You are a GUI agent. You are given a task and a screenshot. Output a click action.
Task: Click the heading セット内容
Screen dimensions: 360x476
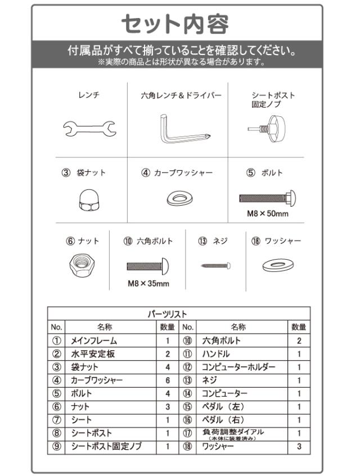pyautogui.click(x=175, y=24)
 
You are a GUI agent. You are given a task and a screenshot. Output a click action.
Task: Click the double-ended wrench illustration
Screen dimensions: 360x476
pyautogui.click(x=89, y=128)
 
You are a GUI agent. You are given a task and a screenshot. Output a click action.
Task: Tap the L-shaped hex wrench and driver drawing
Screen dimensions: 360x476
pyautogui.click(x=184, y=129)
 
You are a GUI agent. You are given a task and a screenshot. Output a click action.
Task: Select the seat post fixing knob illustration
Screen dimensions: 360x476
pyautogui.click(x=267, y=128)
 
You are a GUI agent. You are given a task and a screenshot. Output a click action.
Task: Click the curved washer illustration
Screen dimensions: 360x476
pyautogui.click(x=180, y=198)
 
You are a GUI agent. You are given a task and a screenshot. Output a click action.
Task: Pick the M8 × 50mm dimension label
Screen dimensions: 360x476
pyautogui.click(x=268, y=214)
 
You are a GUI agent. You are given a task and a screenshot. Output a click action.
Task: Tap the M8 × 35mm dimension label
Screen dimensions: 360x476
pyautogui.click(x=148, y=284)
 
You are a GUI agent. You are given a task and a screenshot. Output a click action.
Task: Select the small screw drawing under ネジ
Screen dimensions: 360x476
pyautogui.click(x=215, y=266)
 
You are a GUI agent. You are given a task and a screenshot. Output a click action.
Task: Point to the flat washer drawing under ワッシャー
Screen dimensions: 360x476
pyautogui.click(x=278, y=266)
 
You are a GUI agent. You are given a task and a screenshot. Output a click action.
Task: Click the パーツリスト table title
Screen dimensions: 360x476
pyautogui.click(x=168, y=314)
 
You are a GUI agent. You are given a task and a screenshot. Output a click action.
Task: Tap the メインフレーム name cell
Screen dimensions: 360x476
pyautogui.click(x=94, y=341)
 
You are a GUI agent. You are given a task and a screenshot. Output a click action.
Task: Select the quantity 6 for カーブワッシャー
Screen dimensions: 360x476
pyautogui.click(x=168, y=380)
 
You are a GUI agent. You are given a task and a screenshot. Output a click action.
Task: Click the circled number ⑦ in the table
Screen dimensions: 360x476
pyautogui.click(x=57, y=420)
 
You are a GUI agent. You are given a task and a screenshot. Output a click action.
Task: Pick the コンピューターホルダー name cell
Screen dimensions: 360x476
pyautogui.click(x=239, y=367)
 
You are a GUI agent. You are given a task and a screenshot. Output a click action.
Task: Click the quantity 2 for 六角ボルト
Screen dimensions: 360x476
pyautogui.click(x=299, y=341)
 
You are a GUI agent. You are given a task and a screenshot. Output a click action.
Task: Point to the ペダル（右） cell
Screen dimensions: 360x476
pyautogui.click(x=224, y=420)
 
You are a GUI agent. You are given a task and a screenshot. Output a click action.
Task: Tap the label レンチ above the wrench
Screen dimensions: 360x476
pyautogui.click(x=89, y=95)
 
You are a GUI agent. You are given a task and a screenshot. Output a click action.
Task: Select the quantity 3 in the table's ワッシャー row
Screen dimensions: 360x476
pyautogui.click(x=299, y=446)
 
